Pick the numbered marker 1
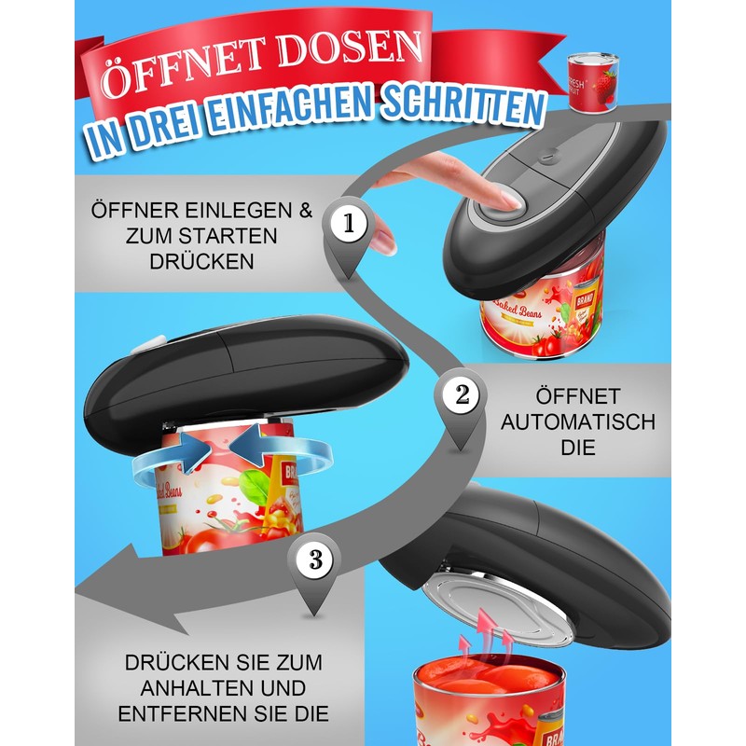348,224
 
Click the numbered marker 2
461,395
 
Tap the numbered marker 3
314,559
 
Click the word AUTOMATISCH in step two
578,421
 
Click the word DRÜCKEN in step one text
201,261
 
